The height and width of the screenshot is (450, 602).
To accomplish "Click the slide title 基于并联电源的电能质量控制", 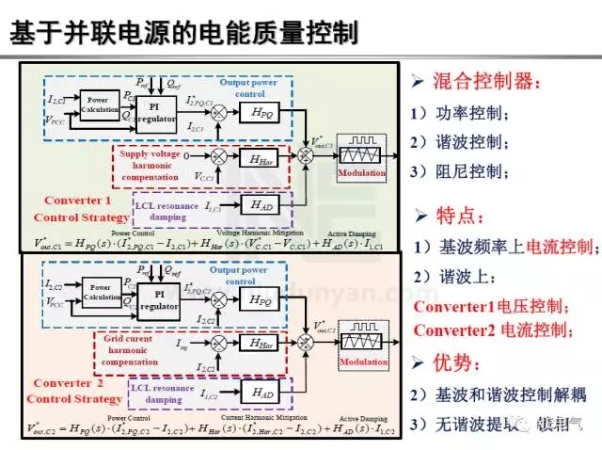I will point(182,33).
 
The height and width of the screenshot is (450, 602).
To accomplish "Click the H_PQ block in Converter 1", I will point(262,111).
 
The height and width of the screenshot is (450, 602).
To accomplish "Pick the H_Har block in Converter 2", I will point(262,343).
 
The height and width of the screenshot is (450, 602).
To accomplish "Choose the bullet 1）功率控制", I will point(459,114).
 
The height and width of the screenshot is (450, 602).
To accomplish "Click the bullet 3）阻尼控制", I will point(459,172).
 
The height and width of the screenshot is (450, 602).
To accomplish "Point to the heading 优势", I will point(458,362).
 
